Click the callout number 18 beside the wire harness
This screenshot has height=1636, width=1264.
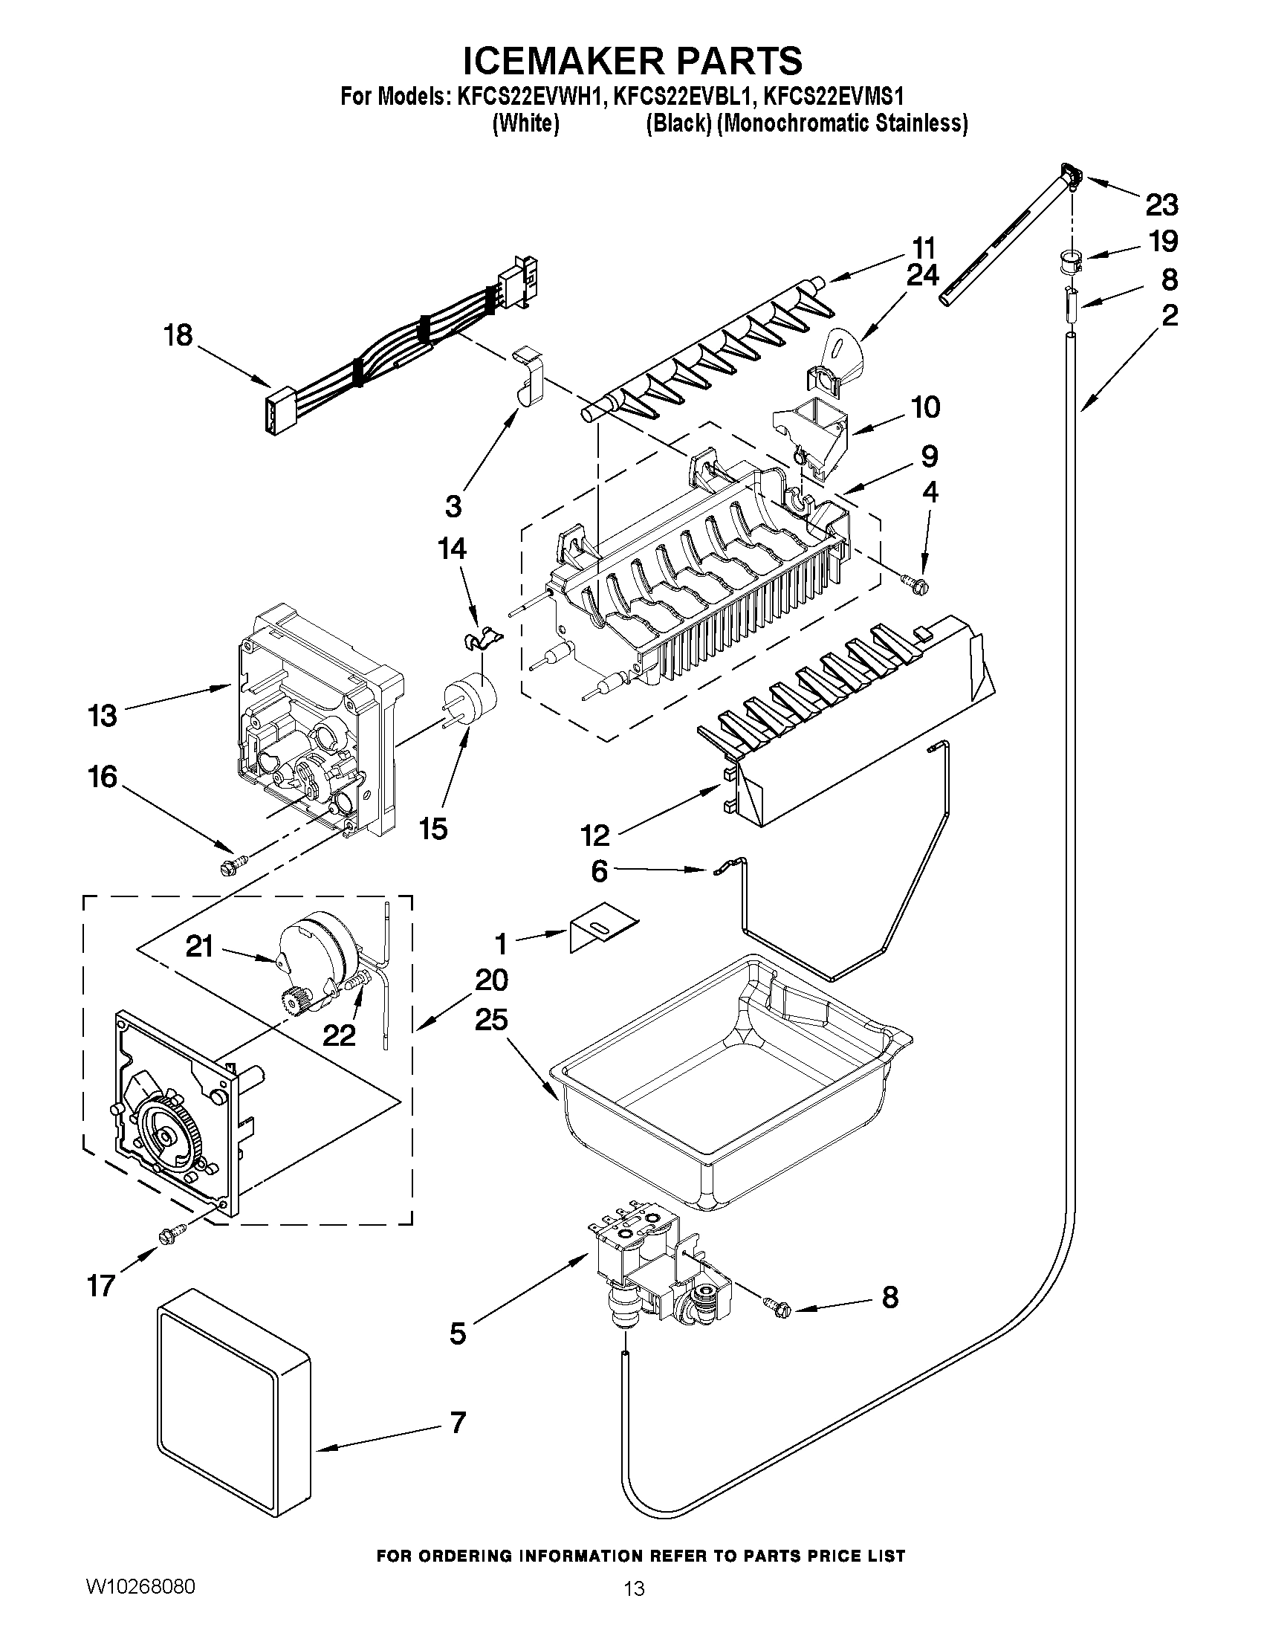[x=178, y=334]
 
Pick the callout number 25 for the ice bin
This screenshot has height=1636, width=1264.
[x=490, y=1021]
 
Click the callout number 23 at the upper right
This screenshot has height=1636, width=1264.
[x=1161, y=204]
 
